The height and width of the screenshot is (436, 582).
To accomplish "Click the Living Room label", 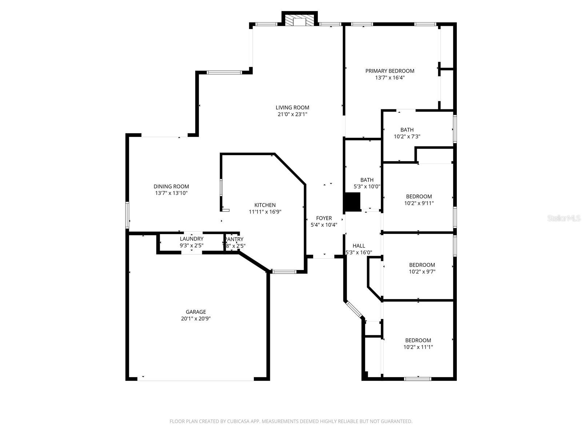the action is (292, 108).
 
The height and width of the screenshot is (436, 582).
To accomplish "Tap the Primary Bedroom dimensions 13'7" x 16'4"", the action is (390, 77).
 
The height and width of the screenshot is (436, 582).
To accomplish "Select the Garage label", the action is (196, 312).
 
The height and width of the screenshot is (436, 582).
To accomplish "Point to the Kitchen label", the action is (265, 205).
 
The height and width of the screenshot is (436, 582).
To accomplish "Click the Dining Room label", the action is (171, 186).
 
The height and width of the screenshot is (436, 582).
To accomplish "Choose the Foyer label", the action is (324, 218).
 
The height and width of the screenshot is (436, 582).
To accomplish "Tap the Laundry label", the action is (191, 239).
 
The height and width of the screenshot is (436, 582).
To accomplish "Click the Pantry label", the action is (234, 239).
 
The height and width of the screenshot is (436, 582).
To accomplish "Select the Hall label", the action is (359, 246).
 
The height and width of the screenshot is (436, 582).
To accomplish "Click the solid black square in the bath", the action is (352, 202).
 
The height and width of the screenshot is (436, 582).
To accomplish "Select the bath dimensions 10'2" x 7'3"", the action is (407, 137).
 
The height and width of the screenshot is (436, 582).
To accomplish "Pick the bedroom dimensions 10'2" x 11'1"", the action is (418, 347).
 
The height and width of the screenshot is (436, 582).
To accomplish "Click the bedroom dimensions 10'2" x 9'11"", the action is (419, 203).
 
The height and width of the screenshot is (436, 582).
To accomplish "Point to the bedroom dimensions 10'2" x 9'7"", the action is (422, 272).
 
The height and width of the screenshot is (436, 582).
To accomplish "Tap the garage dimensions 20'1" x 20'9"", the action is (196, 319).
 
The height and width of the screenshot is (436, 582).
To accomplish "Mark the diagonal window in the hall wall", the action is (354, 309).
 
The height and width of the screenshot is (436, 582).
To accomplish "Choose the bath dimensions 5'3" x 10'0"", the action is (367, 187).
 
